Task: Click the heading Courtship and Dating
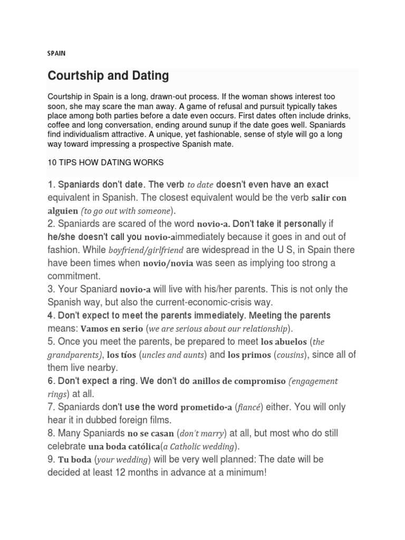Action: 108,76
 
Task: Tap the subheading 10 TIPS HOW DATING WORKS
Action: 105,163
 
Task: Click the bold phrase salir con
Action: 329,198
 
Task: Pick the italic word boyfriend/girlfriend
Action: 139,250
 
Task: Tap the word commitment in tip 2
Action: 73,276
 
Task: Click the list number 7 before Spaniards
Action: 51,407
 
